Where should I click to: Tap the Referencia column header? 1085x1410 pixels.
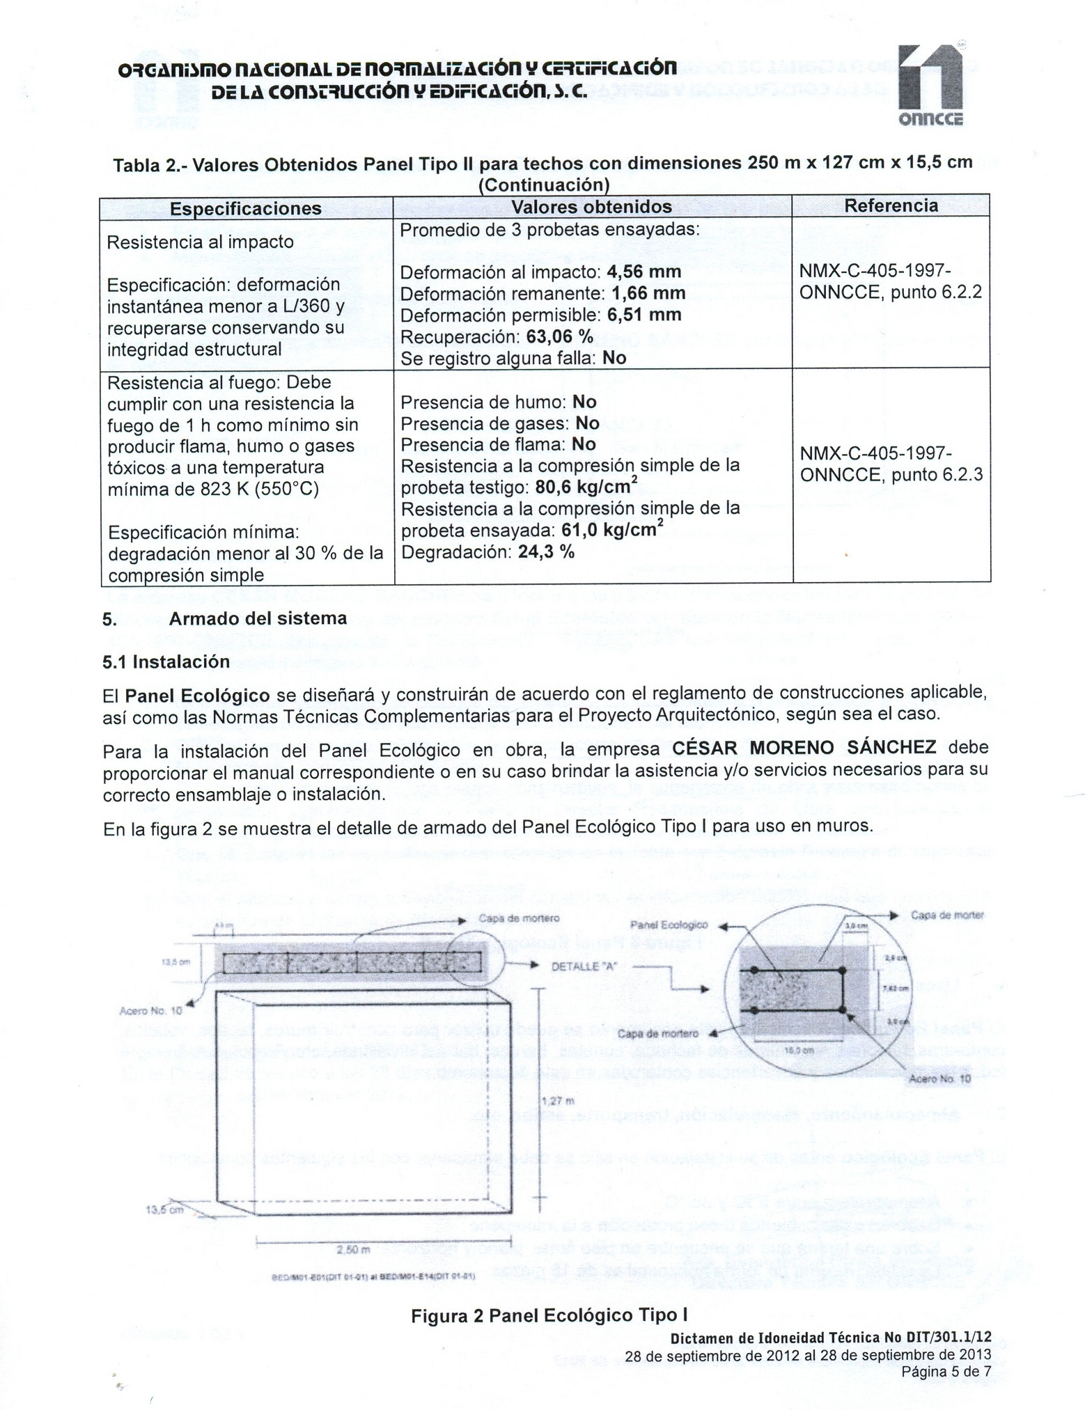(x=891, y=205)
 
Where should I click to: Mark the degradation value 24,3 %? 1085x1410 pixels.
(x=546, y=553)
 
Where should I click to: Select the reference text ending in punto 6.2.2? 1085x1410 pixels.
(x=890, y=282)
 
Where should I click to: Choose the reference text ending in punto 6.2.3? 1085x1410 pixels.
(x=891, y=464)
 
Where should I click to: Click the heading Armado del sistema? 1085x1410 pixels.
(x=258, y=619)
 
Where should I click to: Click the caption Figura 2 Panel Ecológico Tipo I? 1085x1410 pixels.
(x=549, y=1315)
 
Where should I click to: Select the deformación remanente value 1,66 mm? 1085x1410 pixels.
(x=648, y=293)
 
